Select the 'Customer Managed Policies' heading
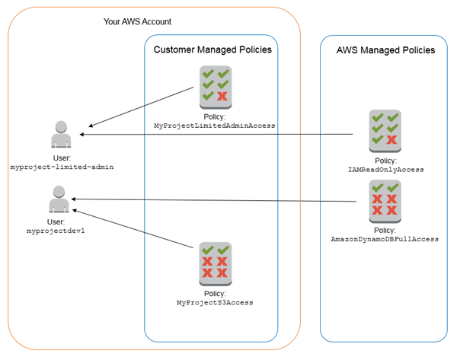213,49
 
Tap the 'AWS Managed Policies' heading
385,50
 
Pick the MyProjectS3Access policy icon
214,262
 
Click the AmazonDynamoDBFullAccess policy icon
384,199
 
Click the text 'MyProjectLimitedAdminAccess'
214,125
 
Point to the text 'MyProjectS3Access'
214,302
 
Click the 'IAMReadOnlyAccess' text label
385,170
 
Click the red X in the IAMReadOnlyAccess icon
391,140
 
